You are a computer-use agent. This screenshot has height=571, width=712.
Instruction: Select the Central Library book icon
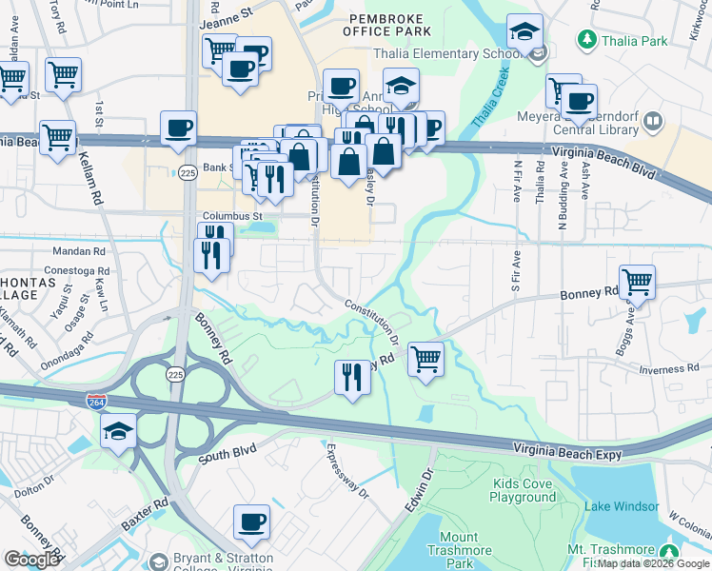[x=653, y=121]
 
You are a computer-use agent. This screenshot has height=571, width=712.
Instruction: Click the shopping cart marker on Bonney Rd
[x=637, y=282]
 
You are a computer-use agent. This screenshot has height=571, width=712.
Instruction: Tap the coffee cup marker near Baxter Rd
[x=251, y=522]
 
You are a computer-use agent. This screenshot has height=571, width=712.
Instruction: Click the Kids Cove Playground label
[x=524, y=490]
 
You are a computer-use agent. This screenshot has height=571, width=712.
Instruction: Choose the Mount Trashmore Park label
[x=460, y=550]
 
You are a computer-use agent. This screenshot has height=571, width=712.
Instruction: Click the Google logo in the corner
[x=31, y=560]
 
